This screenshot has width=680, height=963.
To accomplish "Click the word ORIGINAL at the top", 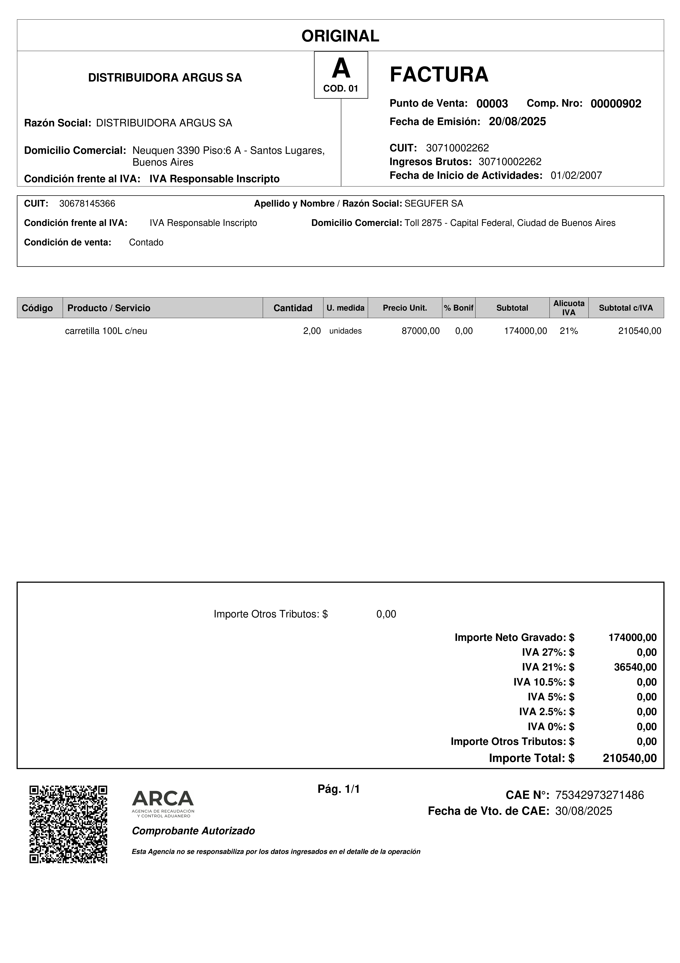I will point(340,36).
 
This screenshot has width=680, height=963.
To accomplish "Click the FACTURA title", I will point(439,75).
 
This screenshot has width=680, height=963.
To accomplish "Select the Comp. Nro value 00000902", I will point(615,104).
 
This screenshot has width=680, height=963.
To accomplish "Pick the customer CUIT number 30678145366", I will point(87,204).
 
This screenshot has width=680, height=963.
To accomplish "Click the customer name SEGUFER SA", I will point(434,204).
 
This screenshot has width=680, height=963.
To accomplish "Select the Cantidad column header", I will point(293,308).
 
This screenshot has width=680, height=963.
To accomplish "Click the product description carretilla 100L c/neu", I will point(106,331).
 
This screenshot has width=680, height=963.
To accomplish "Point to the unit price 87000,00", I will point(420,331).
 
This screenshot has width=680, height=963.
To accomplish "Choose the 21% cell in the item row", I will point(569,331).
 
